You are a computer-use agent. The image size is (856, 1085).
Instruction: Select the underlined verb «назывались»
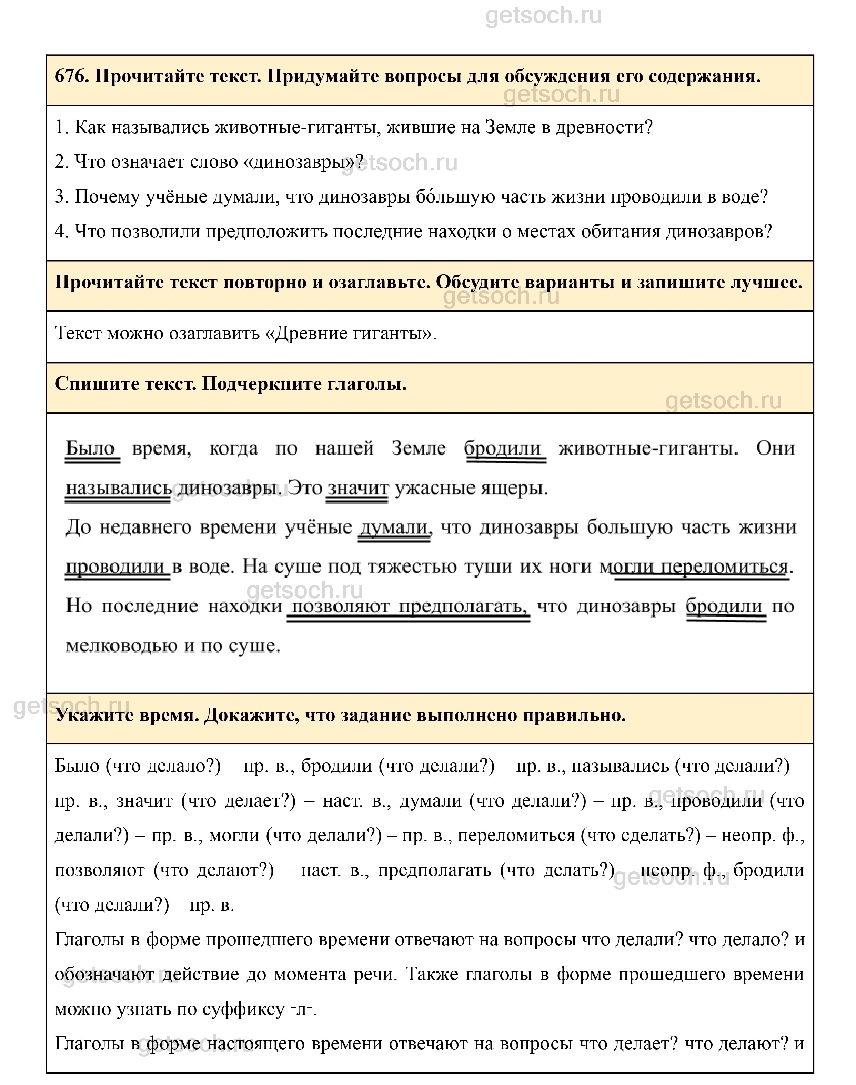tap(118, 487)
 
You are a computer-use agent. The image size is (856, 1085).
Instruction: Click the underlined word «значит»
tap(357, 487)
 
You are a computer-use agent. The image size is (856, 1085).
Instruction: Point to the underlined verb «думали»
tap(394, 527)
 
